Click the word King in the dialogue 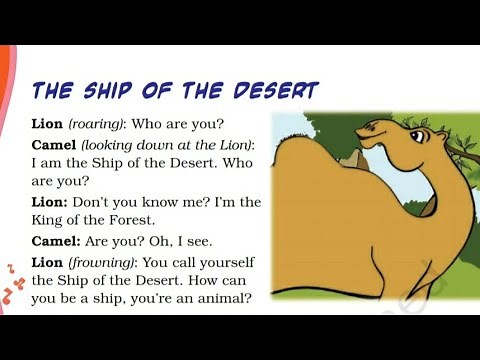point(50,221)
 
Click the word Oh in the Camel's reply point(159,241)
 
